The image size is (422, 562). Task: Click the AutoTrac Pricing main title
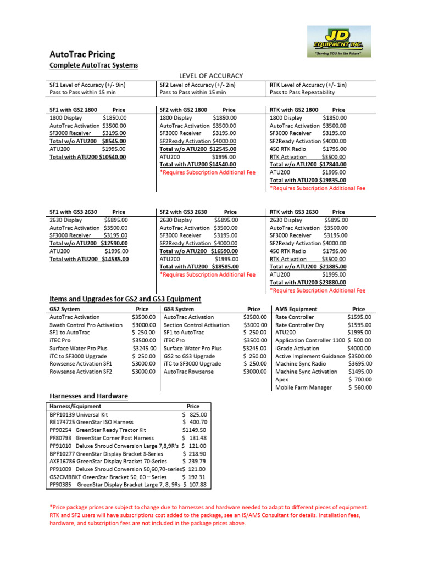pyautogui.click(x=82, y=54)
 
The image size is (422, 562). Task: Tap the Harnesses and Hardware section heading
pyautogui.click(x=88, y=396)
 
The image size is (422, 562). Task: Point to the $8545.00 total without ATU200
pyautogui.click(x=114, y=141)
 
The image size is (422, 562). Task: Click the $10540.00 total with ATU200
pyautogui.click(x=111, y=156)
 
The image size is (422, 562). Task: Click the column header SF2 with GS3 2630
pyautogui.click(x=184, y=212)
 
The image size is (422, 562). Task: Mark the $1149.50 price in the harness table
pyautogui.click(x=195, y=430)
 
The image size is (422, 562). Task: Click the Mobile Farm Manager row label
pyautogui.click(x=303, y=387)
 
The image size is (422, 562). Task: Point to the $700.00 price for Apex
pyautogui.click(x=360, y=380)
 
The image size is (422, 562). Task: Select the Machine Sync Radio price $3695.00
pyautogui.click(x=359, y=364)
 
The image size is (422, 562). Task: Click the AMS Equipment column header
pyautogui.click(x=296, y=309)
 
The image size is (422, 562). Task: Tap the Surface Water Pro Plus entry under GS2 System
pyautogui.click(x=79, y=348)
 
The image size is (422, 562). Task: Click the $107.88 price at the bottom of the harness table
pyautogui.click(x=195, y=485)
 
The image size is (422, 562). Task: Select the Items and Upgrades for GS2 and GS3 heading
pyautogui.click(x=125, y=299)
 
